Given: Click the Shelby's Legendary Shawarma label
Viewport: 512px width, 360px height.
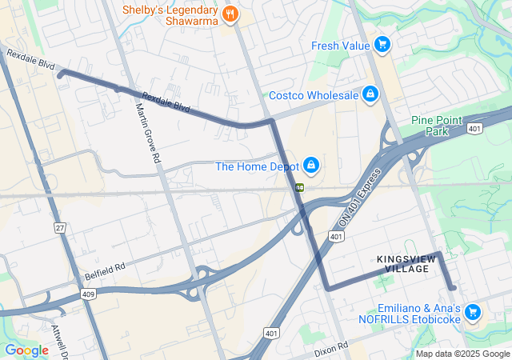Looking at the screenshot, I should [x=170, y=14].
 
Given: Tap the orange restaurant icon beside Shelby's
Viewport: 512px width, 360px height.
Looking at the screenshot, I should [x=230, y=13].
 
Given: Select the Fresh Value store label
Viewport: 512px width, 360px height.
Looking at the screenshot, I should [x=342, y=45].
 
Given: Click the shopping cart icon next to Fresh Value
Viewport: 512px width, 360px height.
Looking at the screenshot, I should [x=382, y=44].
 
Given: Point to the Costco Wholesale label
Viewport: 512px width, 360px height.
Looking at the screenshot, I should [x=313, y=96].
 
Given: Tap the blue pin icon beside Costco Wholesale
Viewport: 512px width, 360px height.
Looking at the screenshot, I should [x=370, y=94].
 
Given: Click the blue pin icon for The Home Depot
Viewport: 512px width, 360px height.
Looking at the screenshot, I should [x=311, y=166].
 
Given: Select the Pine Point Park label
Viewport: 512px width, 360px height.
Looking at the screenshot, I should [x=437, y=125].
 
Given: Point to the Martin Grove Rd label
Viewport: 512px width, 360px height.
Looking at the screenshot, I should [x=148, y=134].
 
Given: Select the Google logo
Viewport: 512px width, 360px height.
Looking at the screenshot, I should [x=26, y=350].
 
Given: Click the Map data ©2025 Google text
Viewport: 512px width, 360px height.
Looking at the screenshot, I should [x=462, y=354].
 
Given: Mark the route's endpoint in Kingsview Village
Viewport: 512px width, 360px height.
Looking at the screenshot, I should [x=453, y=287].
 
